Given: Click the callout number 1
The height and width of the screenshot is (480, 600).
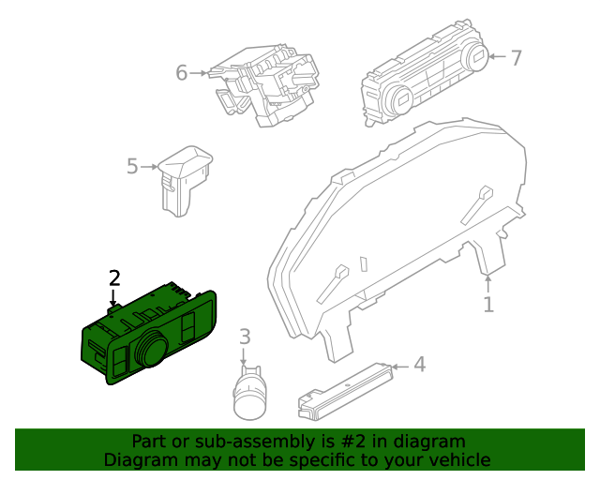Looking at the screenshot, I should coord(487,305).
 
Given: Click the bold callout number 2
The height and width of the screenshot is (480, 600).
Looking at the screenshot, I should coord(114,277).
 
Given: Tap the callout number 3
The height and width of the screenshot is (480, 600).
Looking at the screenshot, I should coord(245,337).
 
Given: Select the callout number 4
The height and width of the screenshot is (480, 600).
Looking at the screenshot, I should coord(419,365).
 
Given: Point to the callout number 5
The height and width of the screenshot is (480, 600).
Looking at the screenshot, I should coord(132,167).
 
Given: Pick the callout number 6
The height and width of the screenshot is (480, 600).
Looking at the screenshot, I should coord(182,72).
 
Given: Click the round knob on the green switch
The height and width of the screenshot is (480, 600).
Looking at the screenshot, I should coord(149,352).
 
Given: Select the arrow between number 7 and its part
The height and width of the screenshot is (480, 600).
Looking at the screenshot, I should coord(496,58).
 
